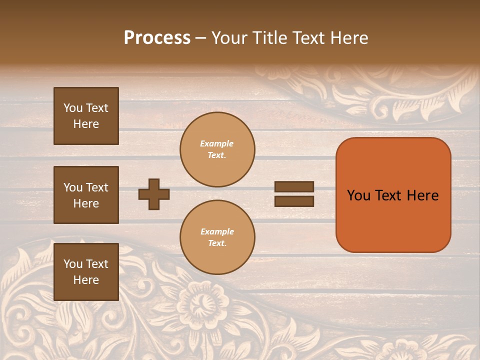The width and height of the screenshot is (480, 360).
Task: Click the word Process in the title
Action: (x=157, y=38)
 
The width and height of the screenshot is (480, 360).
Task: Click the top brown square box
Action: (x=86, y=116)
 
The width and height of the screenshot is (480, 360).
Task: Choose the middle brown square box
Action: (x=86, y=195)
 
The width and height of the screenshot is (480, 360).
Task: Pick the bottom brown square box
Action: (x=86, y=271)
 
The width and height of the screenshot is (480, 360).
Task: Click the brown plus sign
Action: (x=154, y=194)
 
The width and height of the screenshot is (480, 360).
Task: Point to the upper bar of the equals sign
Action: (x=294, y=186)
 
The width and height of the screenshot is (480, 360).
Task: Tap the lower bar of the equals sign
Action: (x=294, y=201)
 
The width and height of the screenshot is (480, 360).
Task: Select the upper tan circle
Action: (x=217, y=149)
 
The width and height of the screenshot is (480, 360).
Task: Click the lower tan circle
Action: (x=217, y=237)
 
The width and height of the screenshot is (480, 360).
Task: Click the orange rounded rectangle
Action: (x=393, y=195)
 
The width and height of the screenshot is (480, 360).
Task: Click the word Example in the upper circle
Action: (x=217, y=143)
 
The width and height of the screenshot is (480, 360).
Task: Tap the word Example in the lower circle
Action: (x=217, y=231)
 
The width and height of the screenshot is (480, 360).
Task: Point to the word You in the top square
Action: (x=73, y=108)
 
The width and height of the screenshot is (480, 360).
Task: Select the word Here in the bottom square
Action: (x=86, y=280)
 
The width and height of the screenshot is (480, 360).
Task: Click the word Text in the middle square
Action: (x=97, y=187)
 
